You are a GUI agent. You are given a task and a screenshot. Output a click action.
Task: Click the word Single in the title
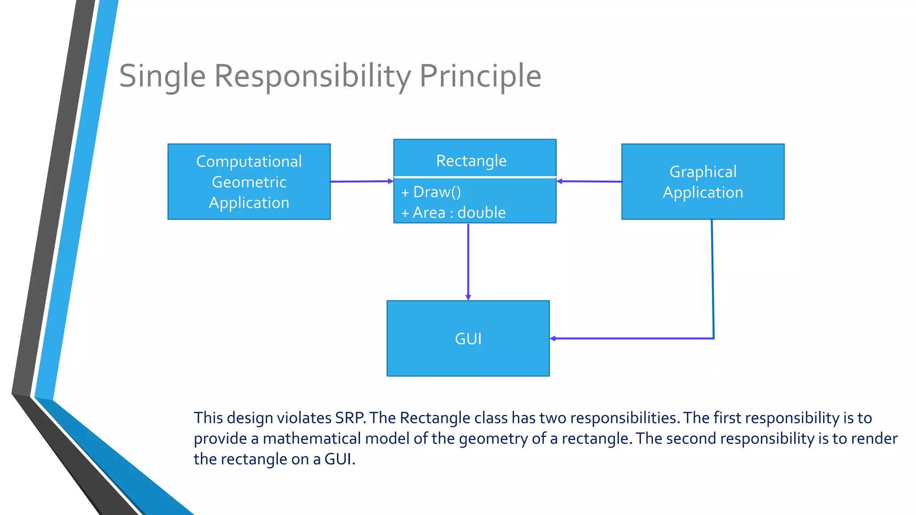point(162,76)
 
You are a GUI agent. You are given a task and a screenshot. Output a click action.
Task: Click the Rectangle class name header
point(471,160)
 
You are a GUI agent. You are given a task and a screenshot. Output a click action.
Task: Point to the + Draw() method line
point(431,192)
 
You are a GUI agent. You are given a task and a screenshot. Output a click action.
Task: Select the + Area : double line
point(453,212)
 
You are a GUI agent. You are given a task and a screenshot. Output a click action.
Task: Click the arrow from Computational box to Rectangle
point(361,182)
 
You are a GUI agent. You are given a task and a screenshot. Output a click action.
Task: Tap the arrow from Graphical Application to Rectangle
point(589,182)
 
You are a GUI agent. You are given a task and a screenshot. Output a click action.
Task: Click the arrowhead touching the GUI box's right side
point(553,338)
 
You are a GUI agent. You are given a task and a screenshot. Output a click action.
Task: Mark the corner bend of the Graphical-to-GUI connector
point(713,338)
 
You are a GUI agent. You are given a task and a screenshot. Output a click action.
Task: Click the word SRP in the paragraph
point(350,418)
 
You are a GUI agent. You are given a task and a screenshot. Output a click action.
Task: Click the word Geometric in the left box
point(249,182)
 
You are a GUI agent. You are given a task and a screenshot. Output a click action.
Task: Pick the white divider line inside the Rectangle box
point(475,177)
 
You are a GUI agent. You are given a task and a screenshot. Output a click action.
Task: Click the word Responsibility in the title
point(312,76)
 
